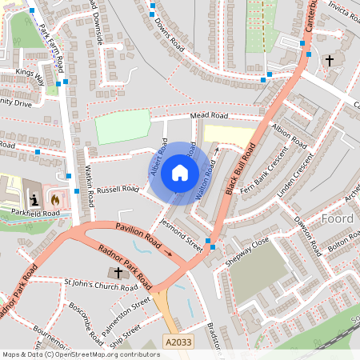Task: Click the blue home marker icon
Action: pyautogui.click(x=180, y=172)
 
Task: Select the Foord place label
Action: pyautogui.click(x=337, y=218)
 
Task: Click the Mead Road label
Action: pyautogui.click(x=210, y=116)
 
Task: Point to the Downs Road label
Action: pyautogui.click(x=169, y=36)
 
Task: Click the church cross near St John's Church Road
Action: pyautogui.click(x=118, y=273)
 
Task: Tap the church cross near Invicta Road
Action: pyautogui.click(x=329, y=60)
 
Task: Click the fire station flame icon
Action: pyautogui.click(x=55, y=197)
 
